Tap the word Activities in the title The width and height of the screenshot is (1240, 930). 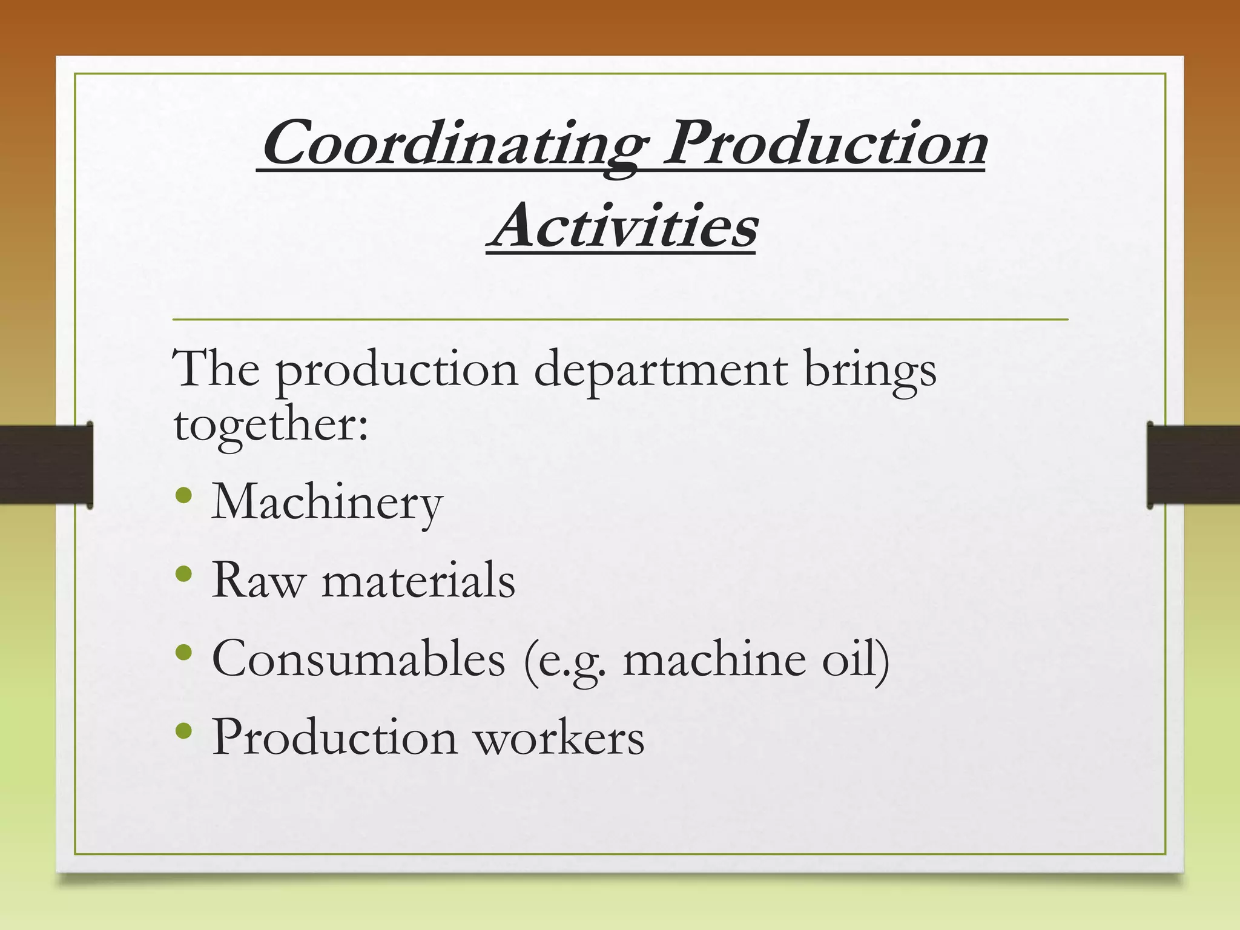622,227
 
